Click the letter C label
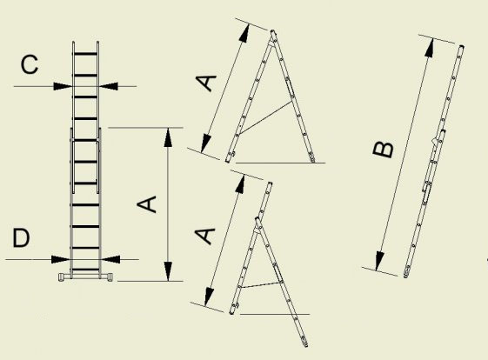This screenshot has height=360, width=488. click(30, 64)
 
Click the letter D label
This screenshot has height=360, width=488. click(21, 237)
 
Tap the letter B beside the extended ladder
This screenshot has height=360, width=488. click(383, 150)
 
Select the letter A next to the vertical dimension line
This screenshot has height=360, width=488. click(147, 204)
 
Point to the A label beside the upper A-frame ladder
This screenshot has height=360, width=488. click(205, 83)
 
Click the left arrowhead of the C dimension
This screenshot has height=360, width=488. click(63, 86)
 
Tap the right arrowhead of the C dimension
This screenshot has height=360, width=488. click(109, 86)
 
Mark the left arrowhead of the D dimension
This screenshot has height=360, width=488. click(61, 259)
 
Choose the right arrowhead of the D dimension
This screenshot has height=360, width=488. click(110, 259)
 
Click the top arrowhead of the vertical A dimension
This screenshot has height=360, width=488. click(168, 137)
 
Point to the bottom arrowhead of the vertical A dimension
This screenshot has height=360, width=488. click(168, 271)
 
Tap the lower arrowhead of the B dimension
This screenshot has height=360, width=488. click(379, 261)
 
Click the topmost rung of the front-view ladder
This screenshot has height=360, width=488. click(85, 54)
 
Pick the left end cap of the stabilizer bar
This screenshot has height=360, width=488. click(61, 277)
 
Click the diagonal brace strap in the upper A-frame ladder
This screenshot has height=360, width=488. click(265, 117)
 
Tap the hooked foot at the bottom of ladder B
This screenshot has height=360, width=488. click(406, 274)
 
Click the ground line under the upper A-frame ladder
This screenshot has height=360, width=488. click(280, 163)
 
